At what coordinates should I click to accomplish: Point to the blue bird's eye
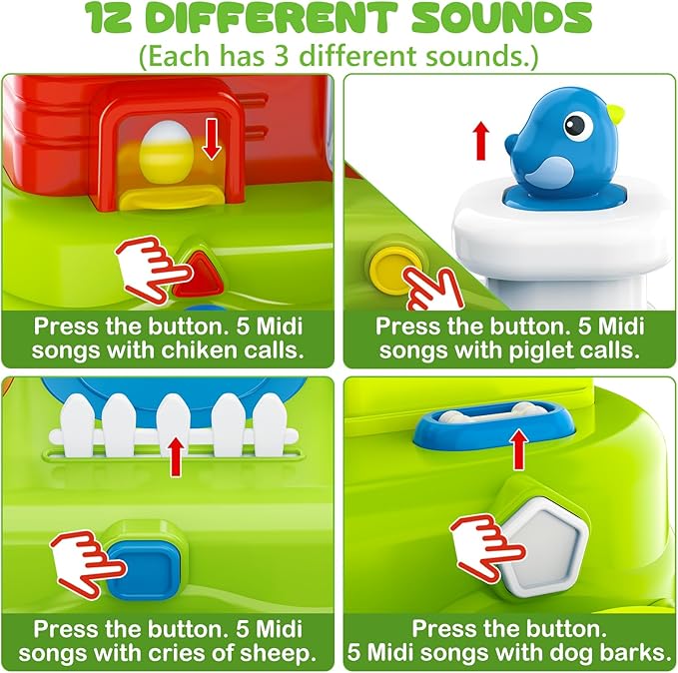[574, 125]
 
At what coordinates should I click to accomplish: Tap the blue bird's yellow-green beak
[615, 114]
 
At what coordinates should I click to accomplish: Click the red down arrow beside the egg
[212, 138]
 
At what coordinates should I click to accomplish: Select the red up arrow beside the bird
[481, 141]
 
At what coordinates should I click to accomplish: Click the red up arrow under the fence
[175, 456]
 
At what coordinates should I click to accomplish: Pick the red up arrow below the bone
[518, 450]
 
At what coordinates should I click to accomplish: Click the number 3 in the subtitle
[281, 55]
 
